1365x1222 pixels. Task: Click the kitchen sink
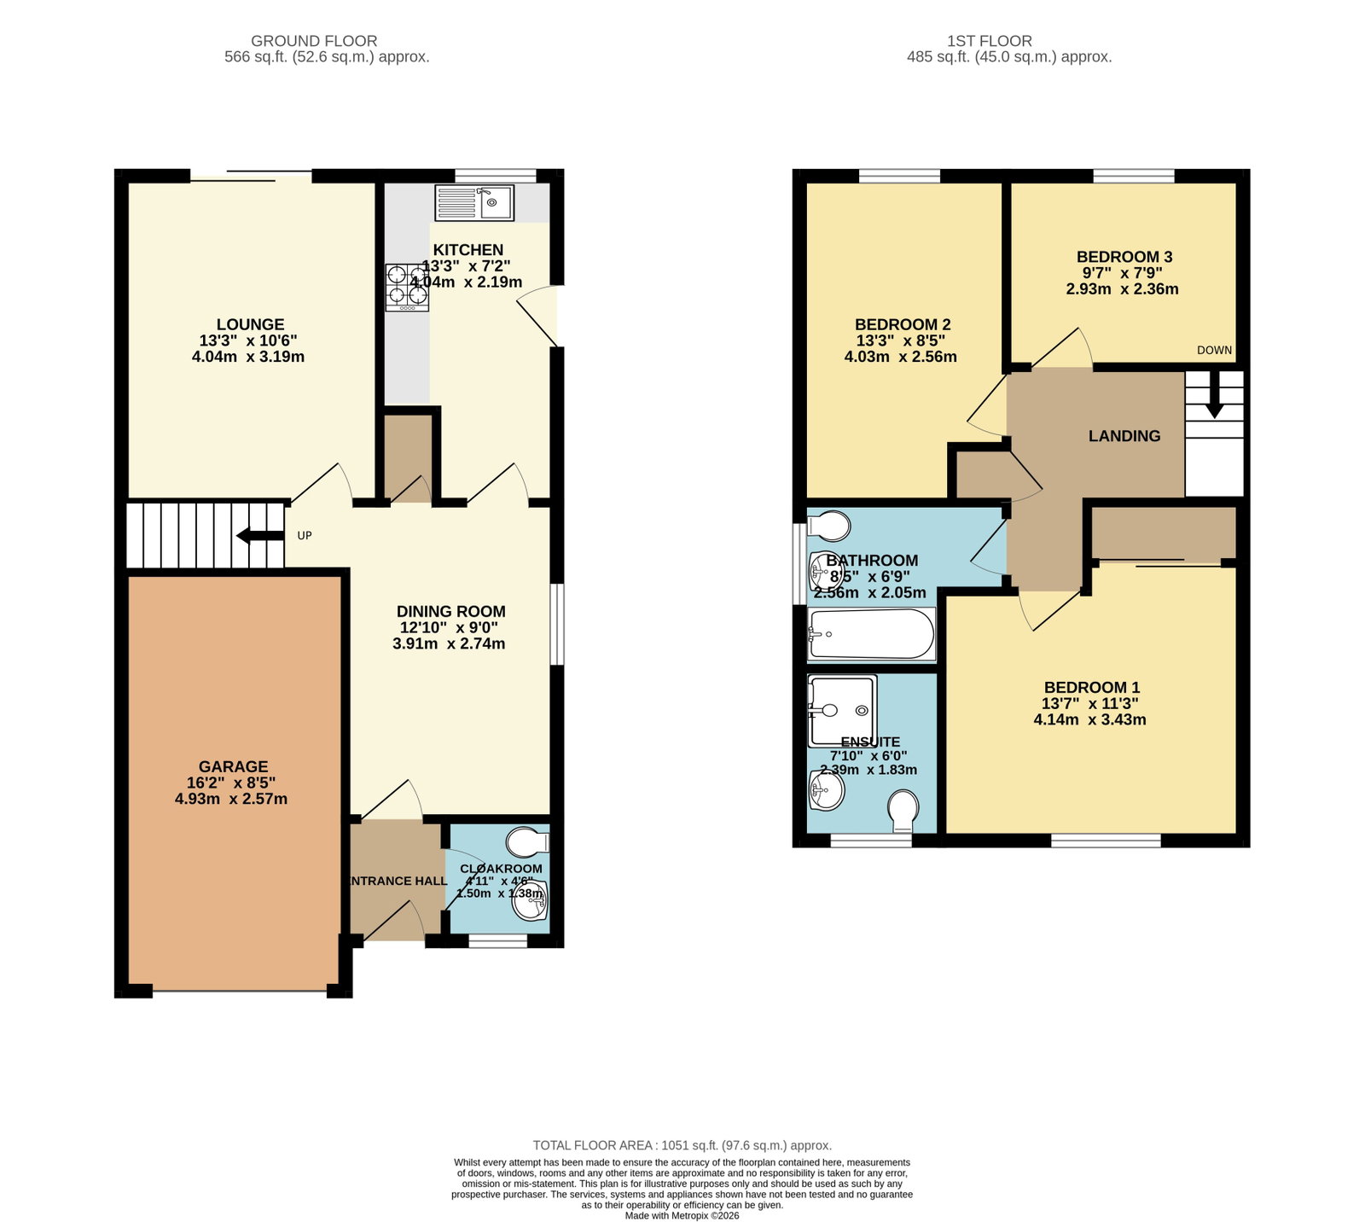pos(473,203)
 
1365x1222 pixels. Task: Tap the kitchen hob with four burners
pos(407,287)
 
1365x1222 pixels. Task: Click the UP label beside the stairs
pos(305,536)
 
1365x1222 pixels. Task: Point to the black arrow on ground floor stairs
pos(260,536)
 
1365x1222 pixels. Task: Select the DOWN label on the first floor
pos(1214,350)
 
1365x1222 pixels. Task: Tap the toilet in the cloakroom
pos(527,843)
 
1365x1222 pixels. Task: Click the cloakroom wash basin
pos(531,901)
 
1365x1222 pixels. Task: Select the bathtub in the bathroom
pos(872,634)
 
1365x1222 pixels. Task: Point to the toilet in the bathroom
pos(828,527)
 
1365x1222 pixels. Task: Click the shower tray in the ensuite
pos(842,710)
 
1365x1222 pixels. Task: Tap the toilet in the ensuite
pos(903,811)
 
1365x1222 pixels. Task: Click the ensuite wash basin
pos(826,791)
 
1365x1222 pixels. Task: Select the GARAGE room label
pos(234,766)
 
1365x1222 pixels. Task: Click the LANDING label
pos(1124,436)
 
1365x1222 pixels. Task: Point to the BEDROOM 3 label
pos(1124,257)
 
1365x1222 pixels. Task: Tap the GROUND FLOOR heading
pos(314,41)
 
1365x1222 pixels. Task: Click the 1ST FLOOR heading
pos(990,41)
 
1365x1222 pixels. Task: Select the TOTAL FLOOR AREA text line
pos(682,1145)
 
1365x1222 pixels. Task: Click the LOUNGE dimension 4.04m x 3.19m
pos(248,357)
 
